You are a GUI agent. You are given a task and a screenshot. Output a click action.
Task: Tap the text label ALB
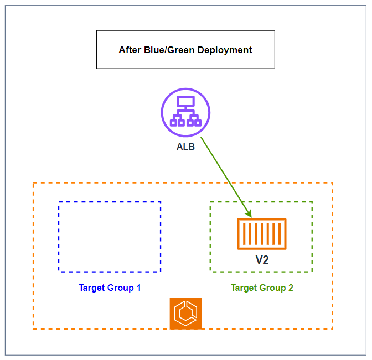[185, 147]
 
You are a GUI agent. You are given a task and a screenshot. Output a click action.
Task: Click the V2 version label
[262, 259]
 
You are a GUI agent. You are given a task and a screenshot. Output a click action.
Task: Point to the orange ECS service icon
[185, 313]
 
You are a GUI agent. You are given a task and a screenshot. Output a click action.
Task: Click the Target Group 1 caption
[110, 288]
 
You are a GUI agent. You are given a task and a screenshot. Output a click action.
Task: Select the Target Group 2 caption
[262, 288]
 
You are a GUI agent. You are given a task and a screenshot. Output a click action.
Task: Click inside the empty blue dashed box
[110, 237]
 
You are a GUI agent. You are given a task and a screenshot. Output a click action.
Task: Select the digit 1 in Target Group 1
[138, 288]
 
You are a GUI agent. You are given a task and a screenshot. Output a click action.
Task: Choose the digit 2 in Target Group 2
[291, 288]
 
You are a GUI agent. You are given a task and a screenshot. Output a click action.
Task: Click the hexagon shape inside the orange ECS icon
[185, 314]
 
